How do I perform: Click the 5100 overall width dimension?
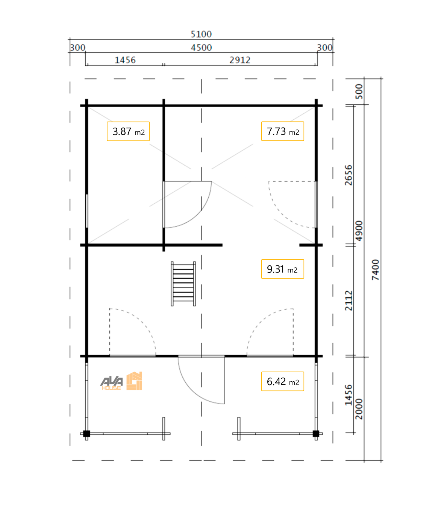201,34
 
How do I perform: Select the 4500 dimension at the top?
201,48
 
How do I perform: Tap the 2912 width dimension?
240,60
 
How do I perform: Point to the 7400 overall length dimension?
376,270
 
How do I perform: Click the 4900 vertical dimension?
359,231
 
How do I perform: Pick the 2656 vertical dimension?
348,175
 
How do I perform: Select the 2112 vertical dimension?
348,301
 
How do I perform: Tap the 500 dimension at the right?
359,91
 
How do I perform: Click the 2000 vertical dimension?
359,409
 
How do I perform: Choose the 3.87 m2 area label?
128,131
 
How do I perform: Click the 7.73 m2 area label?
282,131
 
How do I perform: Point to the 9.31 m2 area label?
282,269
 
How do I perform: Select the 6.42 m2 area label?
282,381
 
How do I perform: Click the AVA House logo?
121,381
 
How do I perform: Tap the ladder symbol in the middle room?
183,283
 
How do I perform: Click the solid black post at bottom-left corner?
86,434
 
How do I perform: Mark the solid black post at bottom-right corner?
316,434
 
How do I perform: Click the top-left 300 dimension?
78,48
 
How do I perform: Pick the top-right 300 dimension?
325,48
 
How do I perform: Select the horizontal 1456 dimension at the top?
125,60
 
